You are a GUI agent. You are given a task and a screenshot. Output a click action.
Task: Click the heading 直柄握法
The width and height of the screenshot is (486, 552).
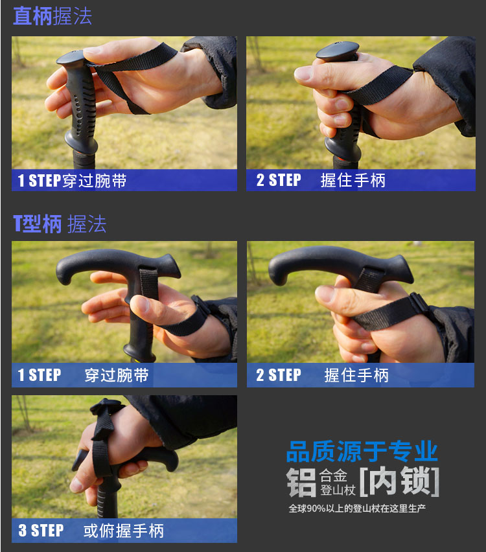tap(52, 16)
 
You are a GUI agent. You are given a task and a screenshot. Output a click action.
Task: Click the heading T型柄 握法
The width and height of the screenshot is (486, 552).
tap(60, 224)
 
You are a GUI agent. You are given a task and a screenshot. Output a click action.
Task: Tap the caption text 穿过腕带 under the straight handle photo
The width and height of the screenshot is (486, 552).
tap(95, 181)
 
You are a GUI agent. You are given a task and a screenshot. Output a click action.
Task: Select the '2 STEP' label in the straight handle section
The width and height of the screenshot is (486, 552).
tap(279, 180)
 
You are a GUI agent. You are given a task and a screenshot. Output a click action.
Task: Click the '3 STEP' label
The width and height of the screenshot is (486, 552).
tap(41, 530)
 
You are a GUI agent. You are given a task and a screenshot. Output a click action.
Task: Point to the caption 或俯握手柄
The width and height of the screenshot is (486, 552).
tap(123, 531)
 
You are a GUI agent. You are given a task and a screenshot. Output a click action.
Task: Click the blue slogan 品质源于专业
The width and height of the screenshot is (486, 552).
tap(362, 452)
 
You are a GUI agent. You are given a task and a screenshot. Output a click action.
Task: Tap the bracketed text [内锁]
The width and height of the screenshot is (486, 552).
tap(399, 481)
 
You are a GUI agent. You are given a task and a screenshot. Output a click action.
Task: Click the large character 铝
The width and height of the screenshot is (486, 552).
tap(301, 482)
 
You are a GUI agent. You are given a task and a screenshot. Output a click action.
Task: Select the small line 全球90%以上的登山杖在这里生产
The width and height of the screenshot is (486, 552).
tap(357, 509)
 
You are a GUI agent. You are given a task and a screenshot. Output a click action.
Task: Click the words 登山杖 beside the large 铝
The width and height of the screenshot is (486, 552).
tap(338, 490)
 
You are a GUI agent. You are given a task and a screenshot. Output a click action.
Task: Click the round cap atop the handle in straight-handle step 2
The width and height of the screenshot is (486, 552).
tap(338, 49)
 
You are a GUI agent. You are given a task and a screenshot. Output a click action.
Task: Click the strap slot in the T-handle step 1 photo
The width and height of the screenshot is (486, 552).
tap(148, 284)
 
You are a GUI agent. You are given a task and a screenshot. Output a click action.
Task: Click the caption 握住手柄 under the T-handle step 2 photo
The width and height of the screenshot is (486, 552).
tap(356, 375)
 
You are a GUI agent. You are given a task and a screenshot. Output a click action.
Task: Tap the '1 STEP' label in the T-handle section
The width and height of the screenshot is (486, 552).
tap(40, 375)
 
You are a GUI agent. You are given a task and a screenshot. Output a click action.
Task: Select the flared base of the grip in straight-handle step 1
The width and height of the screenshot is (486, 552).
tap(82, 144)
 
